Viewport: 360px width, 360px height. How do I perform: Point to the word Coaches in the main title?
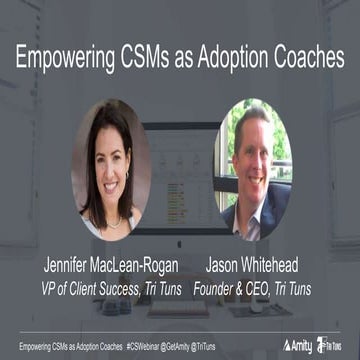(309, 57)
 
